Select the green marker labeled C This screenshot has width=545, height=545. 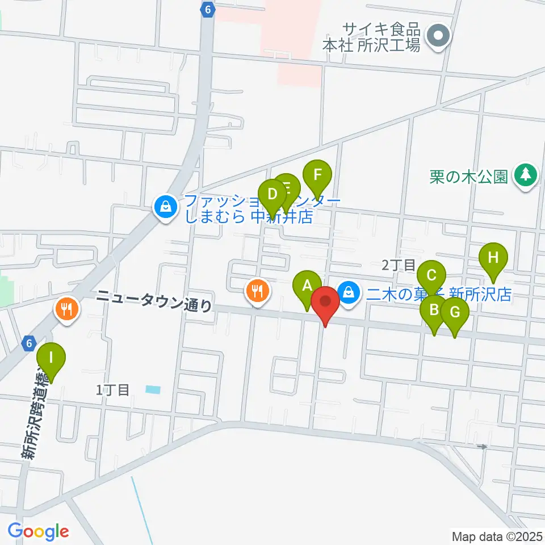pos(431,276)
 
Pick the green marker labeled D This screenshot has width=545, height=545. pos(272,195)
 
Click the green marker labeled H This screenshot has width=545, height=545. pos(493,258)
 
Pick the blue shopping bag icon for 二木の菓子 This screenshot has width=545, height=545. pos(347,293)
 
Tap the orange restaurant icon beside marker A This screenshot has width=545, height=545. pos(258,292)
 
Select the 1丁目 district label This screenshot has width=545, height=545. pos(114,389)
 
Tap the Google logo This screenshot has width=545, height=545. pos(39,531)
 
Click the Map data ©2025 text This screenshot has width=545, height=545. pos(497,536)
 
